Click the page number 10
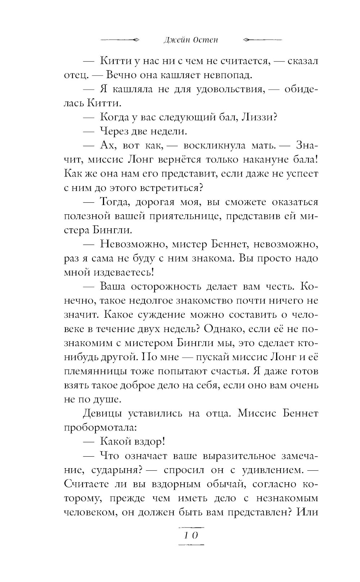point(191,535)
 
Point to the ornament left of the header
point(120,40)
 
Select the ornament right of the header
point(263,40)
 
